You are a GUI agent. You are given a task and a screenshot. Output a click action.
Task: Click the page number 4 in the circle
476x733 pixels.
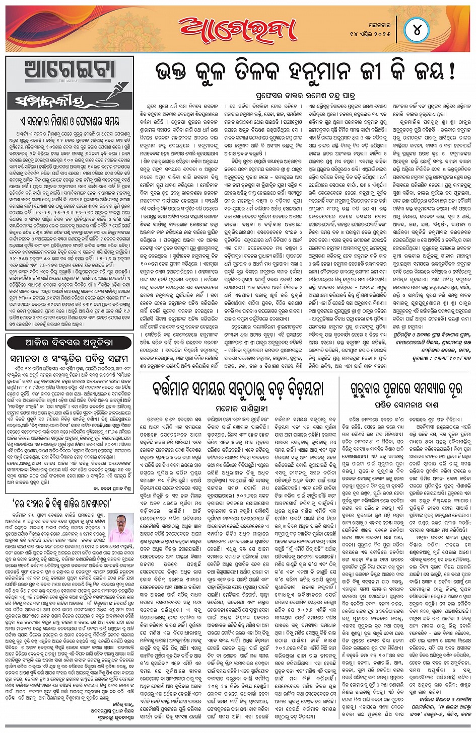coord(417,30)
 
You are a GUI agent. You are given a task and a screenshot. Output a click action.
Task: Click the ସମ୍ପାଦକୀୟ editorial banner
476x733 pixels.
coord(50,101)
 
